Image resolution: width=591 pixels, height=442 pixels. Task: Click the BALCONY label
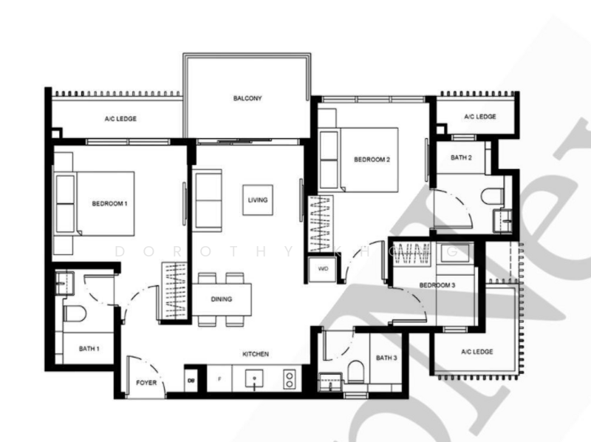pos(247,98)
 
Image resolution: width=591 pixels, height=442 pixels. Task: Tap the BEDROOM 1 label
pos(110,203)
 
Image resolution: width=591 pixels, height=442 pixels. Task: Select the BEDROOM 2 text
pos(371,160)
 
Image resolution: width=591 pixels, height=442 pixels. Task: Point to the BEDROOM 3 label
pos(437,285)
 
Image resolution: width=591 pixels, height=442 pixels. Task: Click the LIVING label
pos(258,200)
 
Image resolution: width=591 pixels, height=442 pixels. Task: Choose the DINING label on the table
pos(221,299)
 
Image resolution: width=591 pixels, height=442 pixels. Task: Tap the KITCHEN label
pos(255,354)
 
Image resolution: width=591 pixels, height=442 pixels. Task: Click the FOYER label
pos(146,383)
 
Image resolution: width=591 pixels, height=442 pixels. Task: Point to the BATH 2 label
pos(460,157)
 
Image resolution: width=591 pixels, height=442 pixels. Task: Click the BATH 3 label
pos(386,358)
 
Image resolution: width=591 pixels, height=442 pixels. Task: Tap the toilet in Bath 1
pos(75,313)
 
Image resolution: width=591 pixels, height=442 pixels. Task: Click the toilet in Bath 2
pos(493,197)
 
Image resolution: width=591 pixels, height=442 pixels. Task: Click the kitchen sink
pos(254,378)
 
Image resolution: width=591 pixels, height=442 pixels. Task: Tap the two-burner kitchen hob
pos(288,378)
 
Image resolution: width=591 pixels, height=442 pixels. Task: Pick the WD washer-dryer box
pos(323,269)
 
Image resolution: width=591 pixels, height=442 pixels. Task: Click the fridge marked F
pos(219,378)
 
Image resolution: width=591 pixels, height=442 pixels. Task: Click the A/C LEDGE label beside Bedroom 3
pos(476,352)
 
